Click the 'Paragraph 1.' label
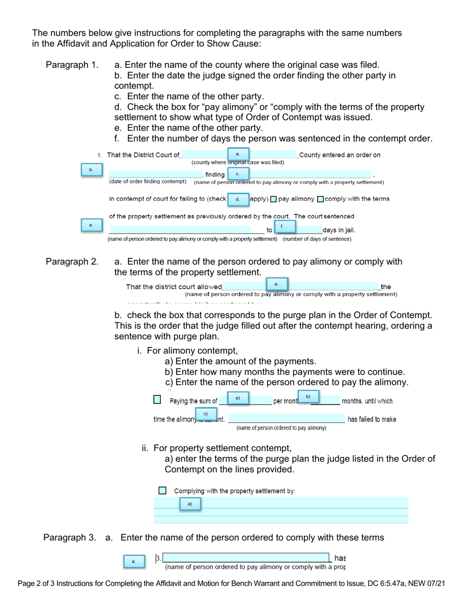[72, 65]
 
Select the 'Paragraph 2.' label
[72, 261]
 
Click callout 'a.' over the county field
[238, 154]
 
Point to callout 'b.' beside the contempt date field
[91, 170]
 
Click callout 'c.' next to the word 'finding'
[238, 174]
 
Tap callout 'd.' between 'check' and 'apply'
[238, 199]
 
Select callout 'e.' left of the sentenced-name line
[91, 225]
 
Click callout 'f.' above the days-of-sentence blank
[282, 226]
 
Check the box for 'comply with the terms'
[321, 199]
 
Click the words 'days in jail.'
[339, 230]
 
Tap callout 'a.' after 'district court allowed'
[277, 283]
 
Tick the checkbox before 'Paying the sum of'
[157, 400]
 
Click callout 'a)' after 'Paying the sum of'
[238, 397]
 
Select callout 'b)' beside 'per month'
[308, 396]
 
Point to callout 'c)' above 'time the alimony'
[206, 414]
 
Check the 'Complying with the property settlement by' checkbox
[163, 490]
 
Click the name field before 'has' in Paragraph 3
[246, 558]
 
